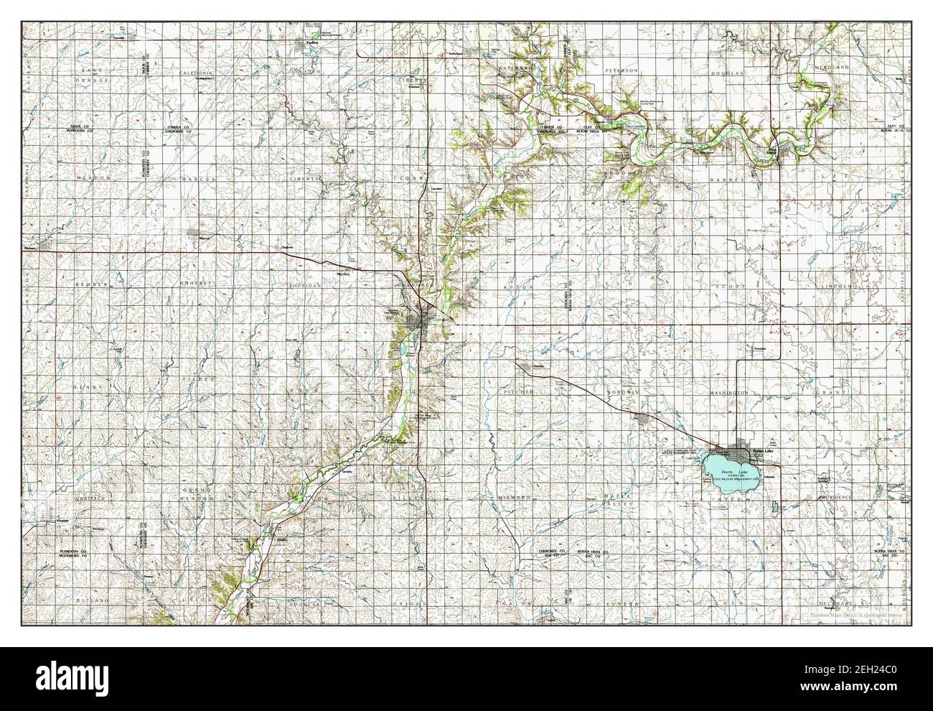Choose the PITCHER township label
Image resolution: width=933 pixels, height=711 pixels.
517,394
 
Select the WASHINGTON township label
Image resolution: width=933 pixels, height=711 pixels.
730,394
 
